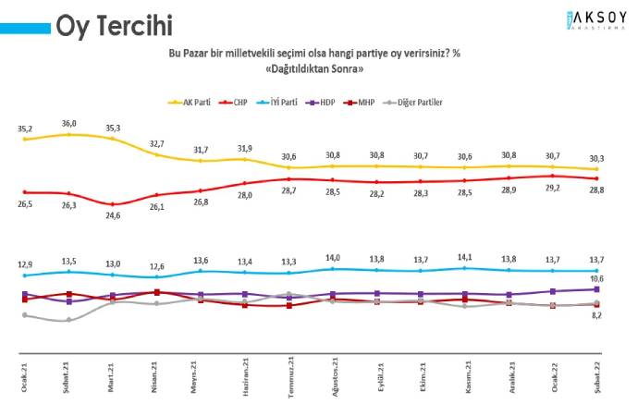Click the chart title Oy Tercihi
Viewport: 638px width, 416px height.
tap(114, 25)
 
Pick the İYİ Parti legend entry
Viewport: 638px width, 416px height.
tap(278, 102)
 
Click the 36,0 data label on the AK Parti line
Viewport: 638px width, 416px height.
tap(67, 123)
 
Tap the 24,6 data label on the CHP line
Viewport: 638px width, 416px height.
tap(112, 216)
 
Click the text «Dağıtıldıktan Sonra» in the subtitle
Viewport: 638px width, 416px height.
tap(314, 69)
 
